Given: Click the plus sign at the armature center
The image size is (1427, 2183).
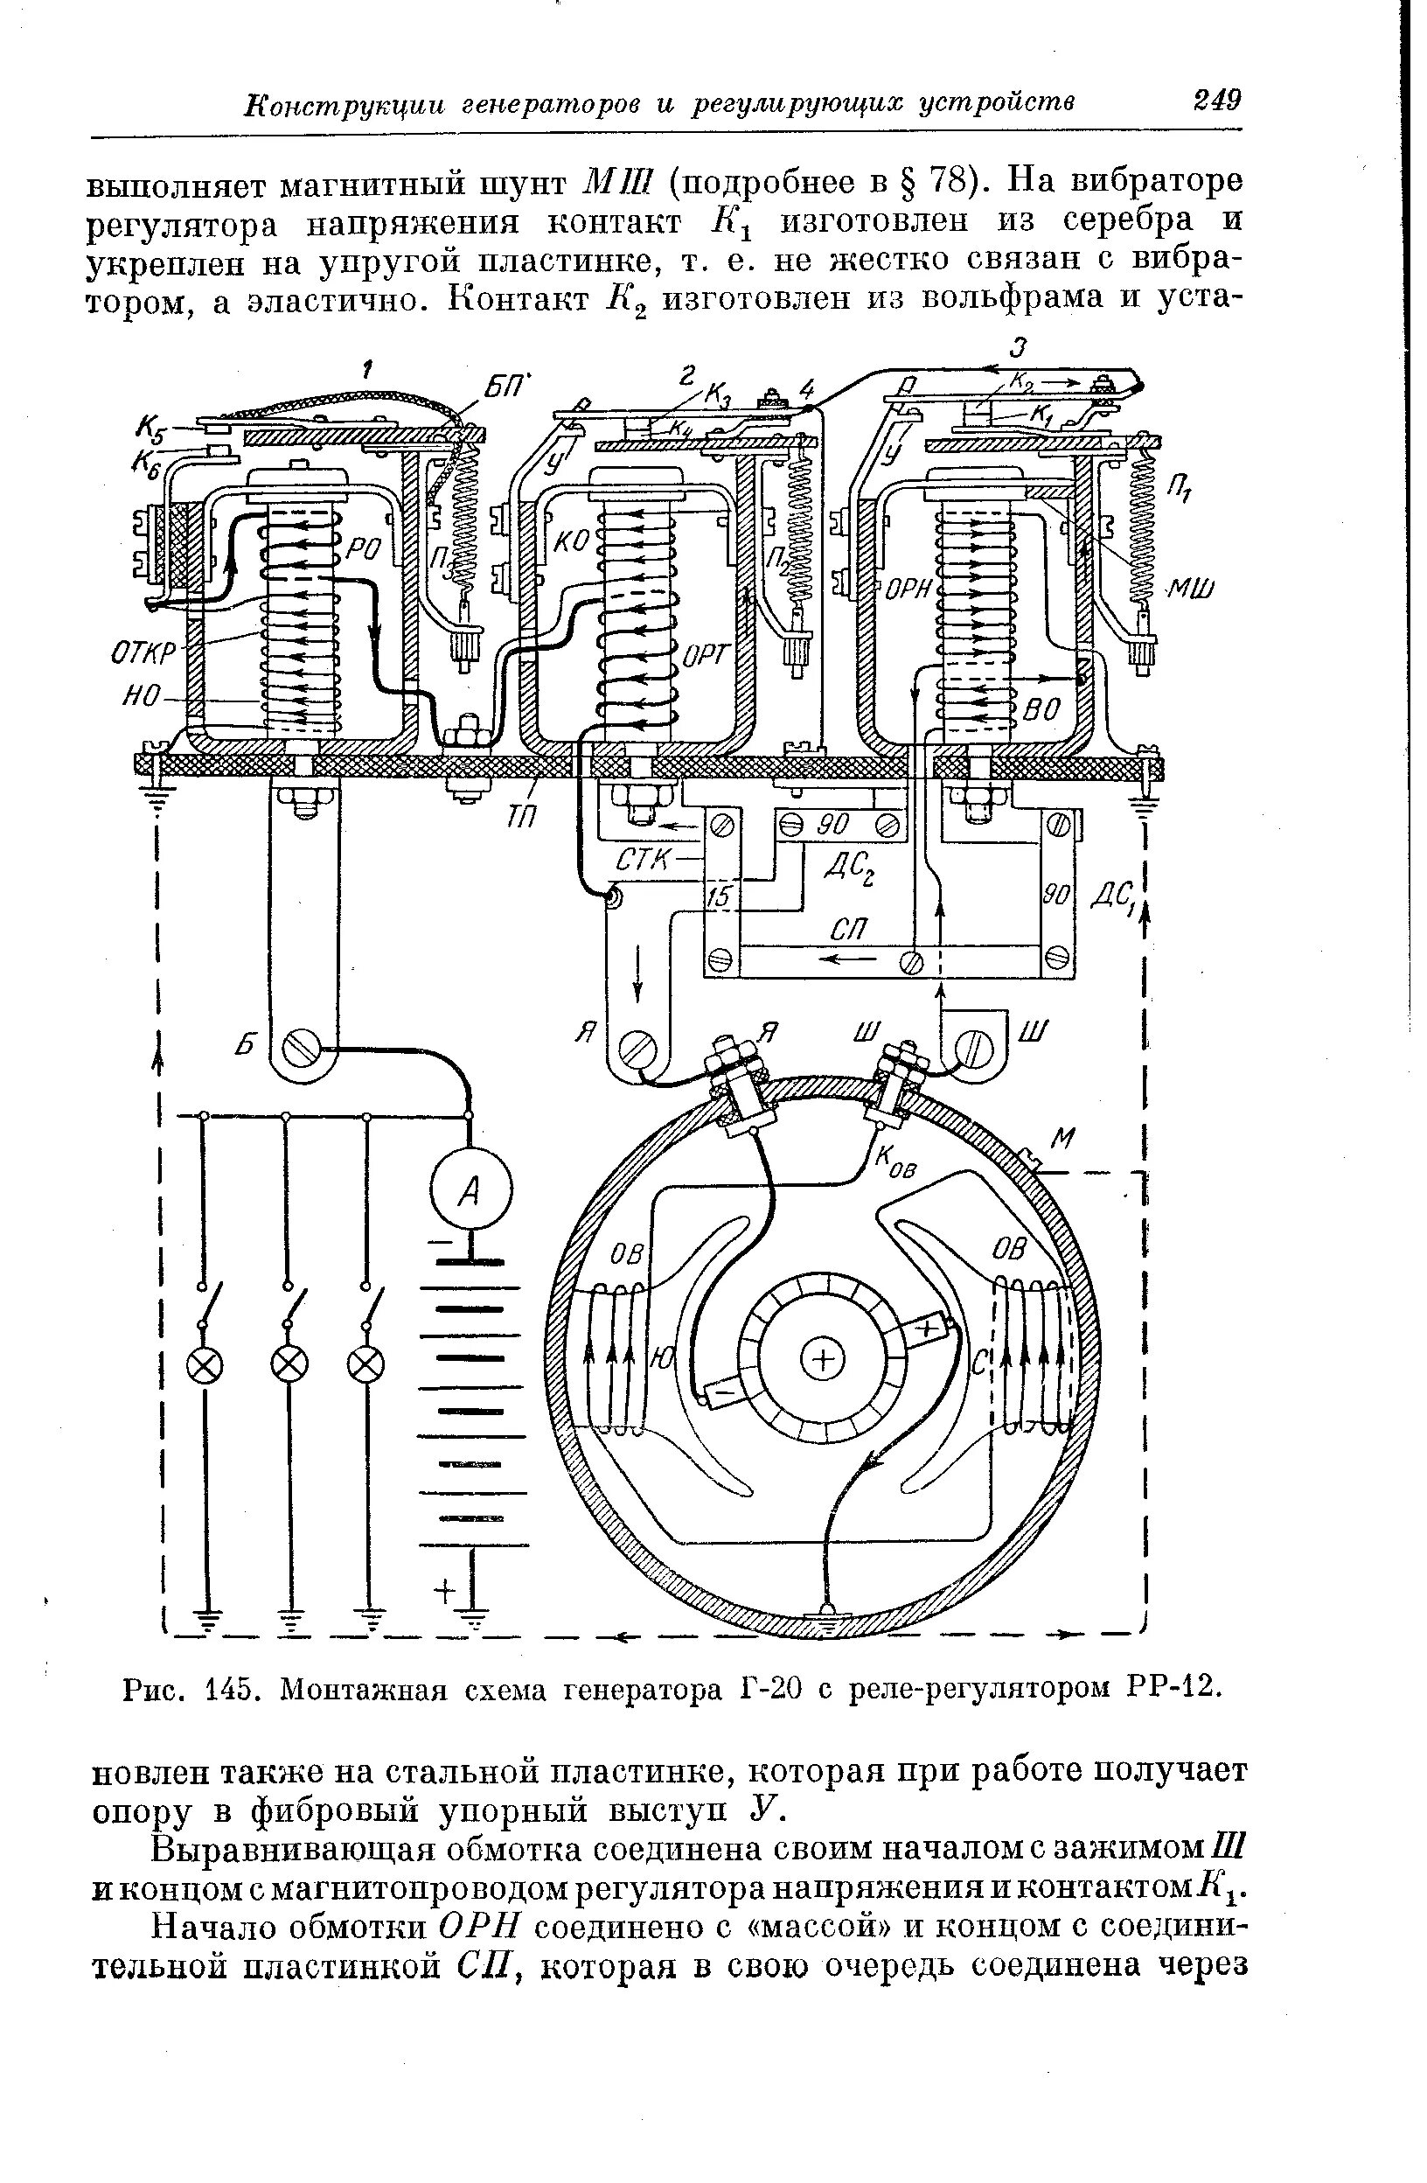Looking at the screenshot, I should [x=821, y=1360].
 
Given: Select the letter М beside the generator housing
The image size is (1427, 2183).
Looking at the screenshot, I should [x=1062, y=1140].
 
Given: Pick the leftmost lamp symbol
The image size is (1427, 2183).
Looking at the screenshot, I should [x=204, y=1367].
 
